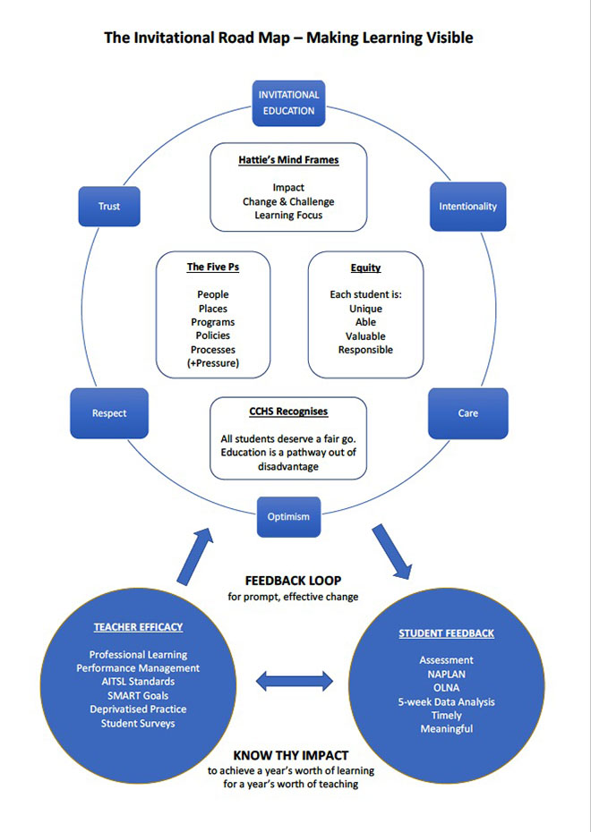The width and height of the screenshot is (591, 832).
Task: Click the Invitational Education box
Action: coord(288,103)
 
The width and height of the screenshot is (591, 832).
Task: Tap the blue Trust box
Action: coord(109,207)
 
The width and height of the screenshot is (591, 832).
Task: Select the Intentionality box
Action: coord(467,207)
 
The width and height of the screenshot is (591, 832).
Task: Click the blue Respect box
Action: coord(109,413)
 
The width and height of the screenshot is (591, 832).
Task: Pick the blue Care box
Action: coord(467,413)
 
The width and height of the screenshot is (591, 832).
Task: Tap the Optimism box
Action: coord(288,517)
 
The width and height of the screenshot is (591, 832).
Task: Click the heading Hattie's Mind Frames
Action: coord(288,160)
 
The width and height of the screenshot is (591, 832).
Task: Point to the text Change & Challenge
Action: coord(288,201)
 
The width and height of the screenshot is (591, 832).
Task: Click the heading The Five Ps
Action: coord(213,267)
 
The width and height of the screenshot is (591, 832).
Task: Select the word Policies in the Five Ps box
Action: coord(213,335)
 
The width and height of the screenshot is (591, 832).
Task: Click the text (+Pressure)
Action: coord(213,363)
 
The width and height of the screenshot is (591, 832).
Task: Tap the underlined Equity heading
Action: coord(365,268)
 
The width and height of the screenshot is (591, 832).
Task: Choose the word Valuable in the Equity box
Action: coord(365,336)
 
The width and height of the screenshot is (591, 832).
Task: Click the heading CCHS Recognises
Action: coord(288,412)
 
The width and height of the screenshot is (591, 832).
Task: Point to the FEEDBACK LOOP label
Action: coord(293,581)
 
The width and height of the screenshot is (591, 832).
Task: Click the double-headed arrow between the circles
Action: coord(295,682)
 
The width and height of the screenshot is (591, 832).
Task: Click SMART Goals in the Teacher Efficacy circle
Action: coord(138,696)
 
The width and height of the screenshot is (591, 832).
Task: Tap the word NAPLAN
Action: coord(447,675)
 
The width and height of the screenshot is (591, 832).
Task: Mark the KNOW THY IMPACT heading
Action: coord(291,756)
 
